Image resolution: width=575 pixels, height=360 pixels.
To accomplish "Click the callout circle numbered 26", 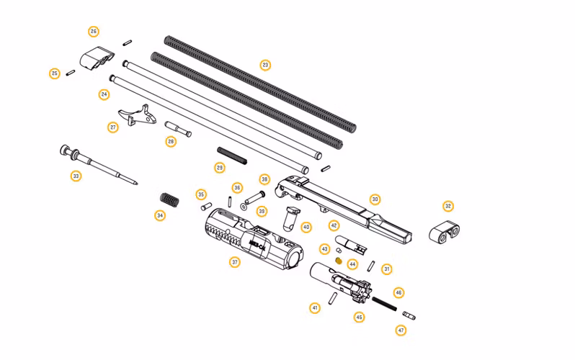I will click(x=94, y=32).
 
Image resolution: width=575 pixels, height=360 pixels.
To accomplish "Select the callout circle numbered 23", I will click(x=265, y=66).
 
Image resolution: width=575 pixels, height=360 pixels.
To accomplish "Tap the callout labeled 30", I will click(x=375, y=199).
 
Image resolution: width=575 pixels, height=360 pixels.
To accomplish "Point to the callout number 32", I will click(x=448, y=206).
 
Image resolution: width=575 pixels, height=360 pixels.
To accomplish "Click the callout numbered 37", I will click(x=235, y=263).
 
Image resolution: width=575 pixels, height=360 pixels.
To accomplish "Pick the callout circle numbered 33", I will click(x=76, y=176).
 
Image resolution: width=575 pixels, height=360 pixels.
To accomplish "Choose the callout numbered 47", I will click(x=401, y=330).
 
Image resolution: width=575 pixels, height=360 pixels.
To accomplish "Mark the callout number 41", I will click(x=315, y=307).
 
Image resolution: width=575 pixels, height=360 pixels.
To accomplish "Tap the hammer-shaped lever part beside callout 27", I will click(x=139, y=116).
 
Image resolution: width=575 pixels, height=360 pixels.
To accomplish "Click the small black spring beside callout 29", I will click(x=233, y=155).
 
